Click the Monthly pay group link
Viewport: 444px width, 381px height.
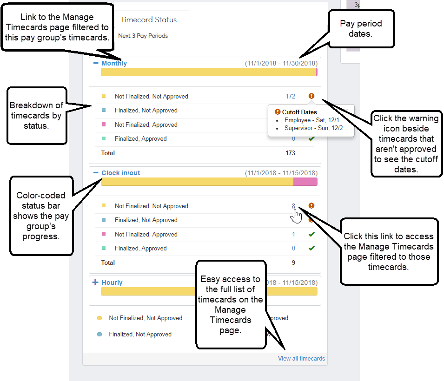click(x=114, y=63)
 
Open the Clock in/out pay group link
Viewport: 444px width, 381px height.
click(x=120, y=173)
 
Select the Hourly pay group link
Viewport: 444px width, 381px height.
click(x=112, y=282)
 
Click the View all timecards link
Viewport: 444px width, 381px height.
click(x=301, y=358)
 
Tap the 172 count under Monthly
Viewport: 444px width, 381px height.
click(x=290, y=96)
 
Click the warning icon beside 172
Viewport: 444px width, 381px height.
click(x=311, y=96)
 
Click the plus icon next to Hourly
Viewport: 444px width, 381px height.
click(x=95, y=282)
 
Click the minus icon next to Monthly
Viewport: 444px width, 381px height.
click(x=96, y=63)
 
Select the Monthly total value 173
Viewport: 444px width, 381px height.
click(x=290, y=153)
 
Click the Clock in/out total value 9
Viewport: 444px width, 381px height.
click(x=293, y=263)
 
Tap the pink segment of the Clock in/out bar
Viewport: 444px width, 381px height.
click(x=305, y=182)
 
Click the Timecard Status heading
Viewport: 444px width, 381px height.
click(x=149, y=20)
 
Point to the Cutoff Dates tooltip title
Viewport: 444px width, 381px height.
click(x=299, y=112)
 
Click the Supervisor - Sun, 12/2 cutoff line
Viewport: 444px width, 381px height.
click(x=313, y=128)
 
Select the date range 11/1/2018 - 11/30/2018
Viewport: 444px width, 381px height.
click(x=281, y=63)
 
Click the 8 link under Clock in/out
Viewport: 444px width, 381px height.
click(x=293, y=206)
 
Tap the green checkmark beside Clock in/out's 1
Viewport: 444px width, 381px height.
click(x=311, y=234)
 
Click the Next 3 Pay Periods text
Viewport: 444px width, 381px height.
click(x=143, y=36)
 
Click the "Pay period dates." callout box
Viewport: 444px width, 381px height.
click(x=361, y=29)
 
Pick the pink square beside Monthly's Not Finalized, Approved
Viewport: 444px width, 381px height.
click(x=104, y=124)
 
